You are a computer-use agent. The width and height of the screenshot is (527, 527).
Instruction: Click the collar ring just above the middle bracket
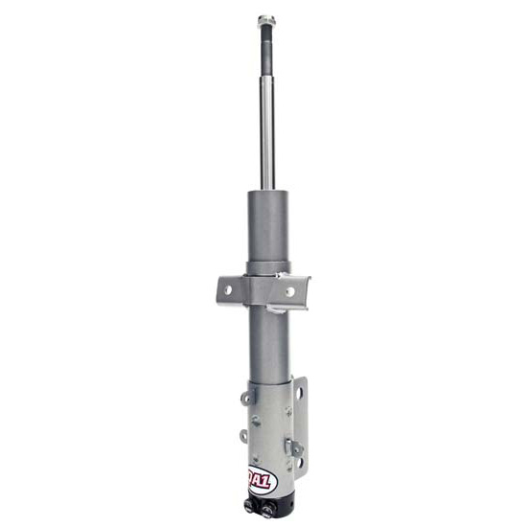(267, 267)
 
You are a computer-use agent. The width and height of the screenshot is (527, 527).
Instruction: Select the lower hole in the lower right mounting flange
(300, 464)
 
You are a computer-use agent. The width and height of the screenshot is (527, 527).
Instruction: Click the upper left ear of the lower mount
(245, 397)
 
